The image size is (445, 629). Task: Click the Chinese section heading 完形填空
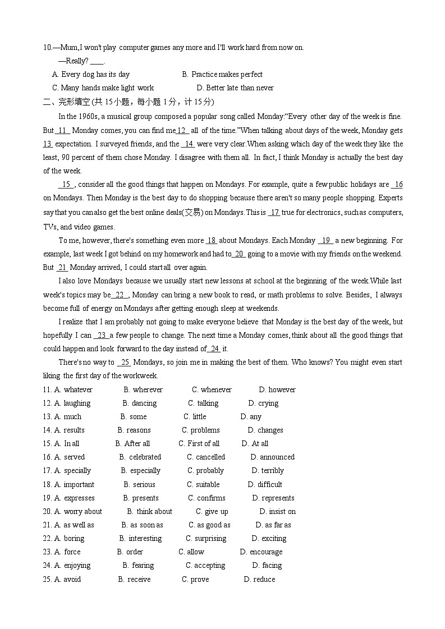click(x=73, y=102)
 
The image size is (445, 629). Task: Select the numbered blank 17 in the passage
click(x=274, y=212)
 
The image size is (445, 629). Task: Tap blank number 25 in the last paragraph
click(x=125, y=362)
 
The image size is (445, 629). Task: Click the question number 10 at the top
click(x=47, y=48)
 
